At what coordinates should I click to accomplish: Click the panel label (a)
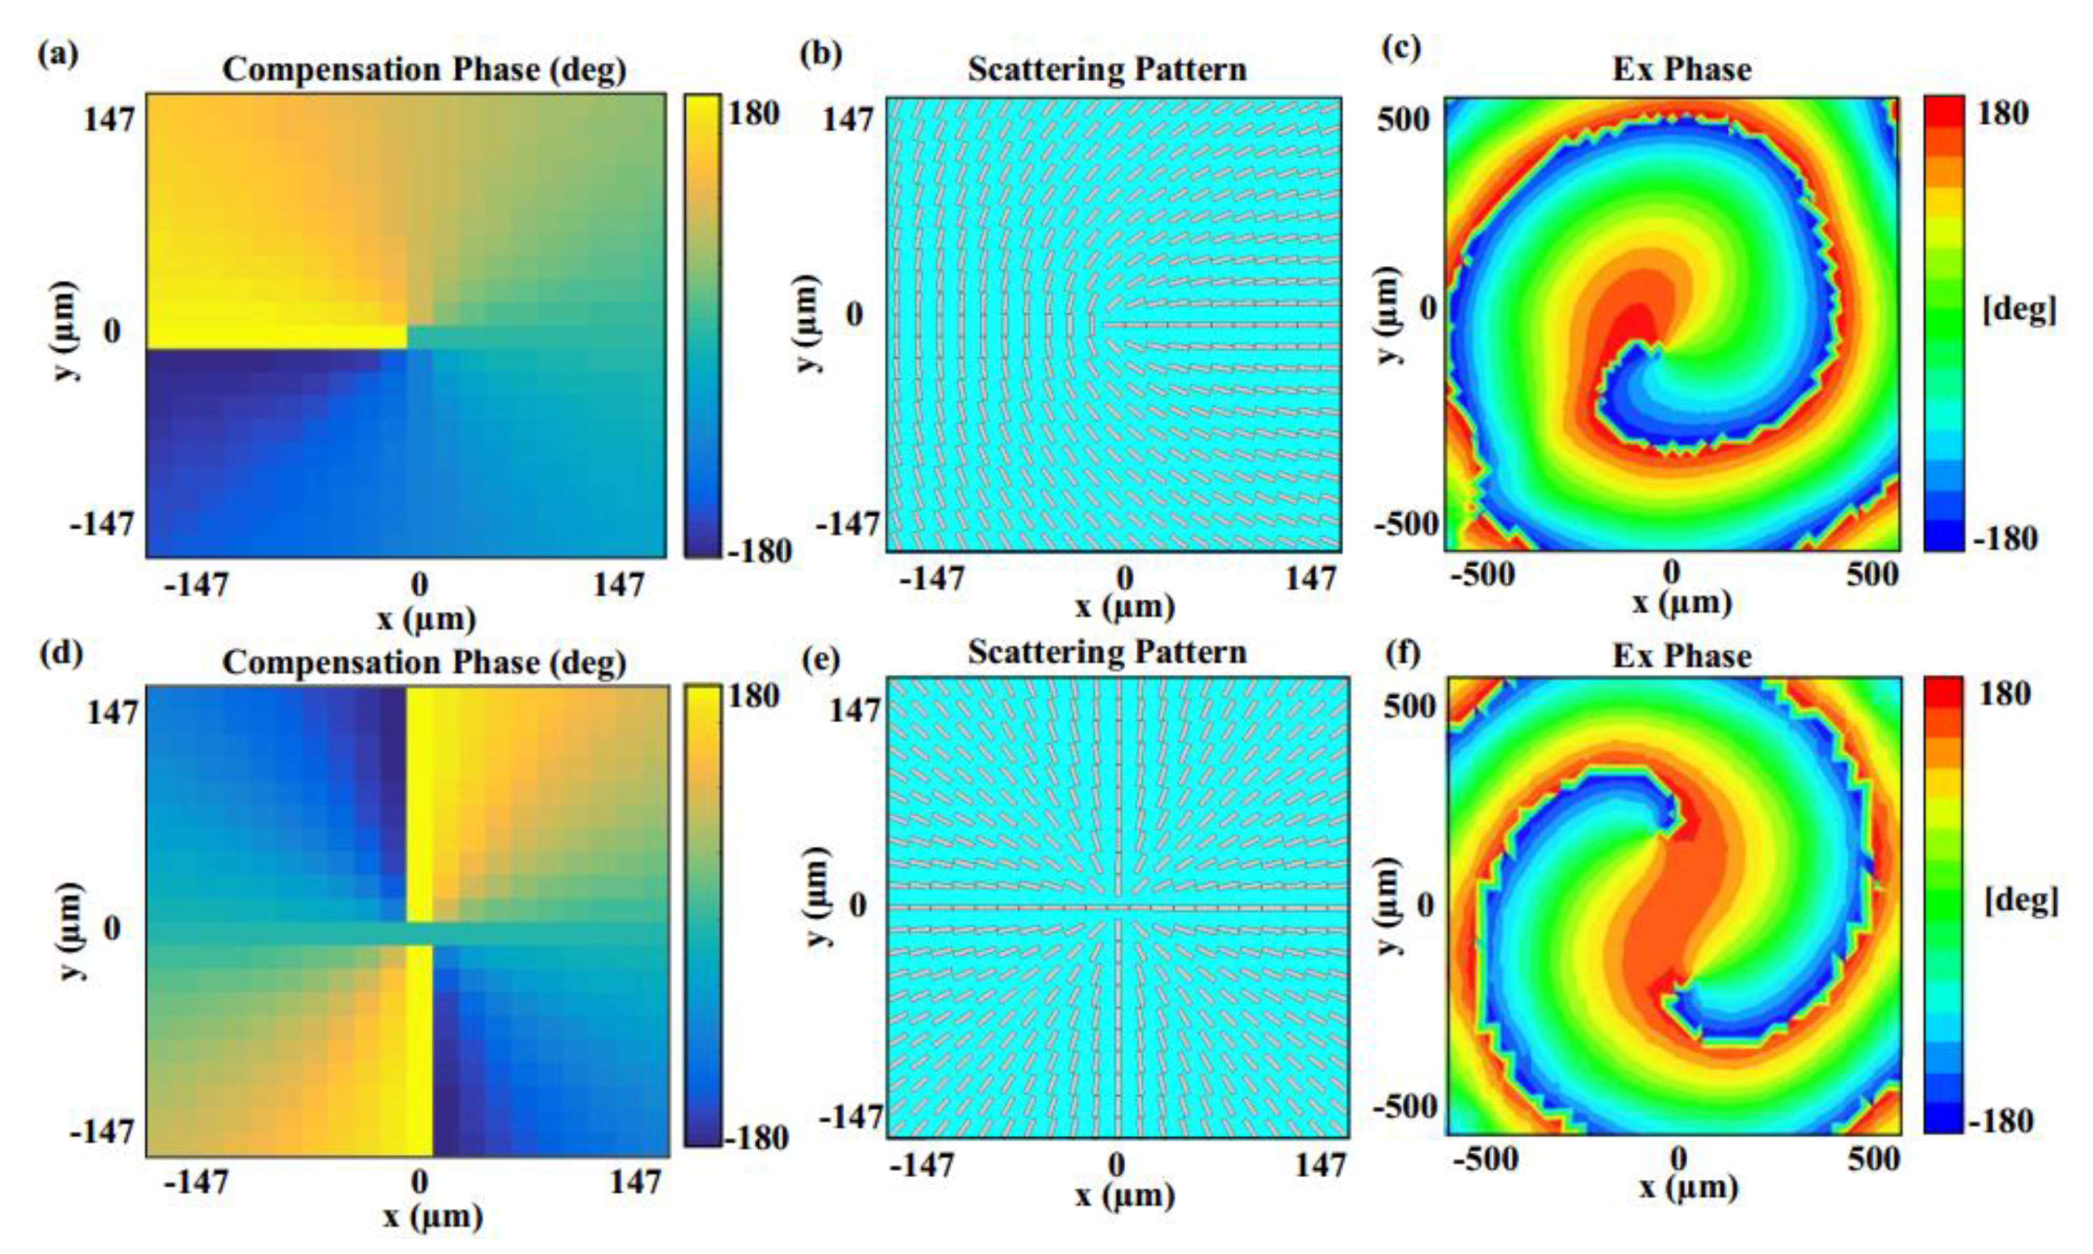coord(57,54)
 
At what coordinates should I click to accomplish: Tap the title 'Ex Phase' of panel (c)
coord(1681,68)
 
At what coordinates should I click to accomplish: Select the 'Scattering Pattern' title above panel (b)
coord(1107,68)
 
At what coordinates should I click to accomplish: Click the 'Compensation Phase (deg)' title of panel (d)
coord(424,662)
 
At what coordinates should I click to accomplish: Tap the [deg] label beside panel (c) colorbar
coord(2019,310)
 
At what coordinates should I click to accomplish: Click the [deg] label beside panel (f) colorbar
coord(2020,902)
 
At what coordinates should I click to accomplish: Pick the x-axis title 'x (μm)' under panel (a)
coord(426,620)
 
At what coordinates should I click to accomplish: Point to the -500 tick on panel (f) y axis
coord(1405,1106)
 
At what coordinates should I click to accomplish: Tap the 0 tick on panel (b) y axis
coord(855,314)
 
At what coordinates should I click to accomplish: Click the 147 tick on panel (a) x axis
coord(618,585)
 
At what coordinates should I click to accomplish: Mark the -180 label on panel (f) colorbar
coord(2000,1120)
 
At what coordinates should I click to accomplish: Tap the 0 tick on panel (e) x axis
coord(1117,1166)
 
